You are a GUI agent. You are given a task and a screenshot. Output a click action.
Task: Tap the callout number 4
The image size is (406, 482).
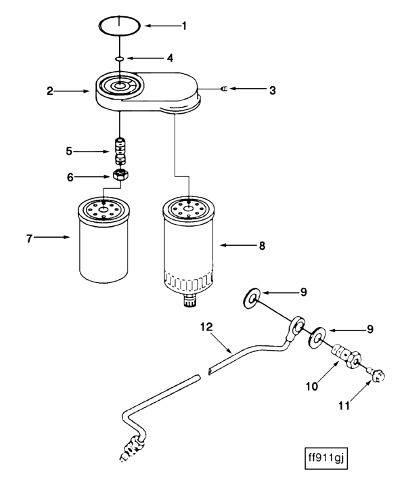coord(171,58)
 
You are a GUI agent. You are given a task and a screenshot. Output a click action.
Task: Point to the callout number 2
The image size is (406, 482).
coord(50,91)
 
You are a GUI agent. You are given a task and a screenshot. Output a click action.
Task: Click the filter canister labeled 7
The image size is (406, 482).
coord(102,240)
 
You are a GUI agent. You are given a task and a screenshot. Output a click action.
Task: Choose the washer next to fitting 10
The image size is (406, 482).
coord(317,334)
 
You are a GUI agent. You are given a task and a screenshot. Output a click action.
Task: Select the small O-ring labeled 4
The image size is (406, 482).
coord(120,59)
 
